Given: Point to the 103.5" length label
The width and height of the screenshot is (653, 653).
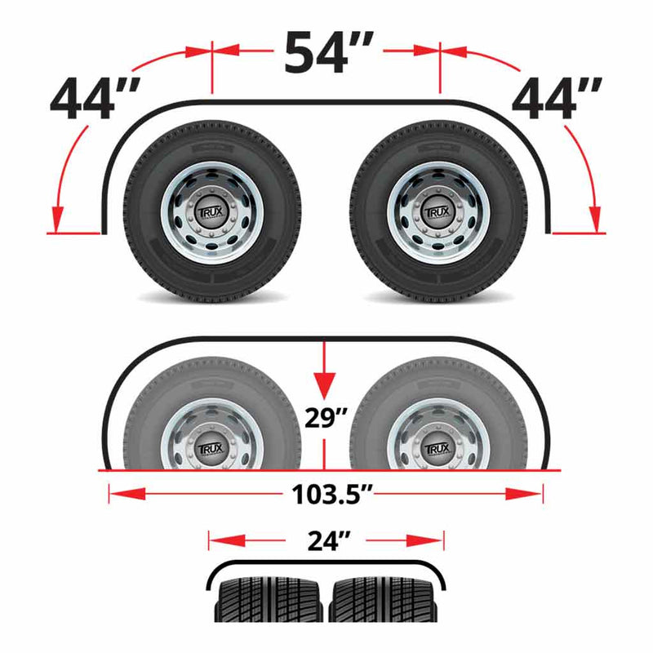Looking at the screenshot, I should (326, 495).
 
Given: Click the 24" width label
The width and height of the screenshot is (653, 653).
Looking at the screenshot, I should (326, 540).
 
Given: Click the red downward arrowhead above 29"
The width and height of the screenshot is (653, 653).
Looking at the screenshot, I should (326, 384).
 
